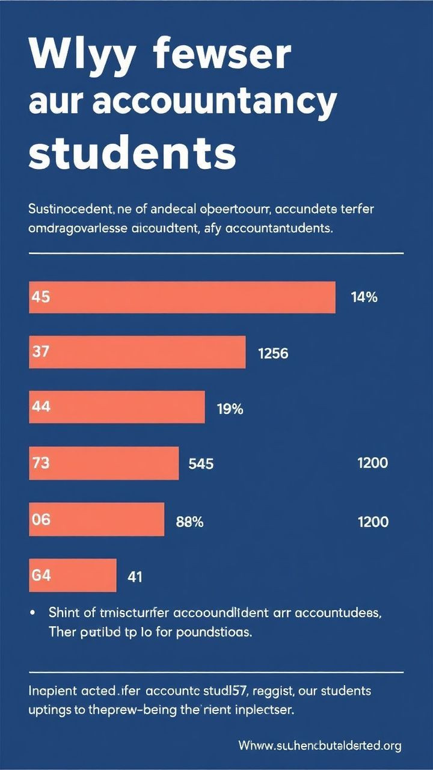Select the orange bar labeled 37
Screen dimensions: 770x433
pyautogui.click(x=137, y=353)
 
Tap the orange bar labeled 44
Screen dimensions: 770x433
pyautogui.click(x=117, y=407)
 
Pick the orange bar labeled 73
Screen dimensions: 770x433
pyautogui.click(x=103, y=463)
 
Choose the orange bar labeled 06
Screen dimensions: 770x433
pyautogui.click(x=96, y=520)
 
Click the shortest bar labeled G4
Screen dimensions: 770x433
pyautogui.click(x=72, y=575)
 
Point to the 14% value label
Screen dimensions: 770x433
pyautogui.click(x=364, y=297)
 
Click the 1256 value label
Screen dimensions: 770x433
pyautogui.click(x=273, y=354)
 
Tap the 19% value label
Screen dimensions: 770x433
pyautogui.click(x=230, y=410)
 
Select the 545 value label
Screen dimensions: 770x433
pyautogui.click(x=201, y=464)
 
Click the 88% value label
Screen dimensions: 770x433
pyautogui.click(x=189, y=522)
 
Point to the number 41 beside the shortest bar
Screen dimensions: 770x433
pyautogui.click(x=135, y=577)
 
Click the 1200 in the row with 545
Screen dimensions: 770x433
pyautogui.click(x=372, y=463)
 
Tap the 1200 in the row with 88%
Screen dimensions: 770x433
pyautogui.click(x=373, y=522)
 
